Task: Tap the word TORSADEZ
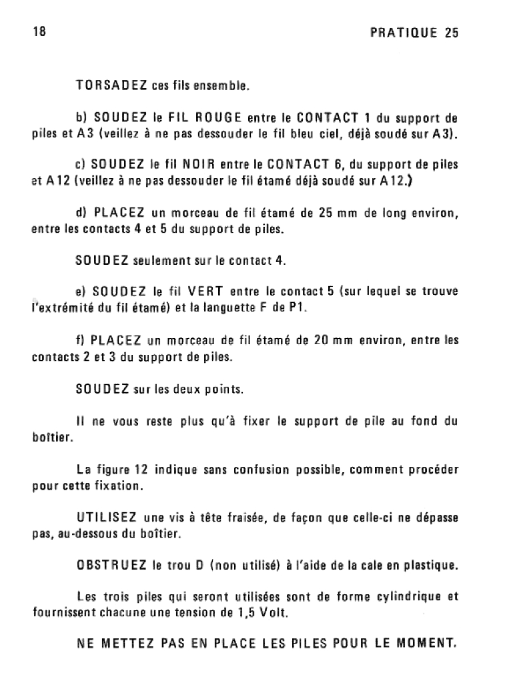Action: tap(112, 85)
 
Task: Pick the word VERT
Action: tap(205, 291)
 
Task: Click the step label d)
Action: tap(82, 214)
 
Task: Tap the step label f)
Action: tap(81, 340)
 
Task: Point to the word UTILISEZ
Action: tap(107, 517)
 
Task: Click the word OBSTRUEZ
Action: tap(111, 565)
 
